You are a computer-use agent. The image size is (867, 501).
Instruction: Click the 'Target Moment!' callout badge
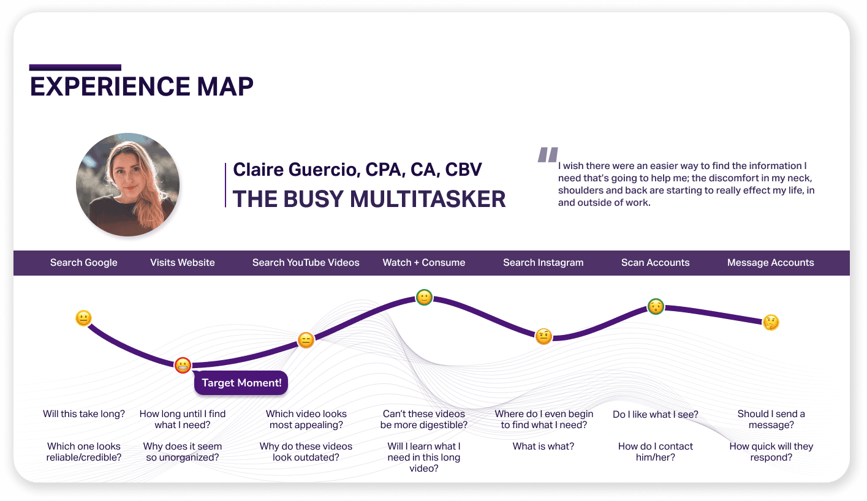[241, 383]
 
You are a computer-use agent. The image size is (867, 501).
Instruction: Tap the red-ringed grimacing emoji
[183, 365]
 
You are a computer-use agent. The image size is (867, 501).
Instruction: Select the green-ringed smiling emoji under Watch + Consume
[424, 298]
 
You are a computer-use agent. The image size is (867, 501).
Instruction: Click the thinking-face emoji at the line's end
[771, 322]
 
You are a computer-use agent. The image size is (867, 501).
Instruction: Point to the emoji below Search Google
[83, 318]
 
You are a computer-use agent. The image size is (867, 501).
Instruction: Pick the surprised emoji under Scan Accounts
[656, 307]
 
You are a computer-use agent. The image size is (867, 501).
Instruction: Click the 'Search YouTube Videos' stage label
[306, 263]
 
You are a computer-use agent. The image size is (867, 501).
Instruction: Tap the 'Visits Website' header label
[183, 263]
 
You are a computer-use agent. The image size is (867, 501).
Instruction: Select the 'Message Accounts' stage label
[771, 263]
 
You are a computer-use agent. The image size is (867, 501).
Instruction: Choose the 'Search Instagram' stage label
[543, 263]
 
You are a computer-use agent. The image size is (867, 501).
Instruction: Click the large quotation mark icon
[548, 154]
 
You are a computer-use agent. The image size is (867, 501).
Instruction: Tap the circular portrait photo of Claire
[127, 184]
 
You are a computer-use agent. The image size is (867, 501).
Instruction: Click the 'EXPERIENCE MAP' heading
[142, 86]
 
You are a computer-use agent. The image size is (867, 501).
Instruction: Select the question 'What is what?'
[543, 446]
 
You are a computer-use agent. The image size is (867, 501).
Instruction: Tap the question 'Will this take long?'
[83, 414]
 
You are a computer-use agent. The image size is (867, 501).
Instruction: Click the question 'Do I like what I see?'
[655, 415]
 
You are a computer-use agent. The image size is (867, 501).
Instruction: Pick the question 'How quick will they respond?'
[771, 452]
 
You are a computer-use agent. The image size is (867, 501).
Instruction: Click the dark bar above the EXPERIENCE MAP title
[75, 68]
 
